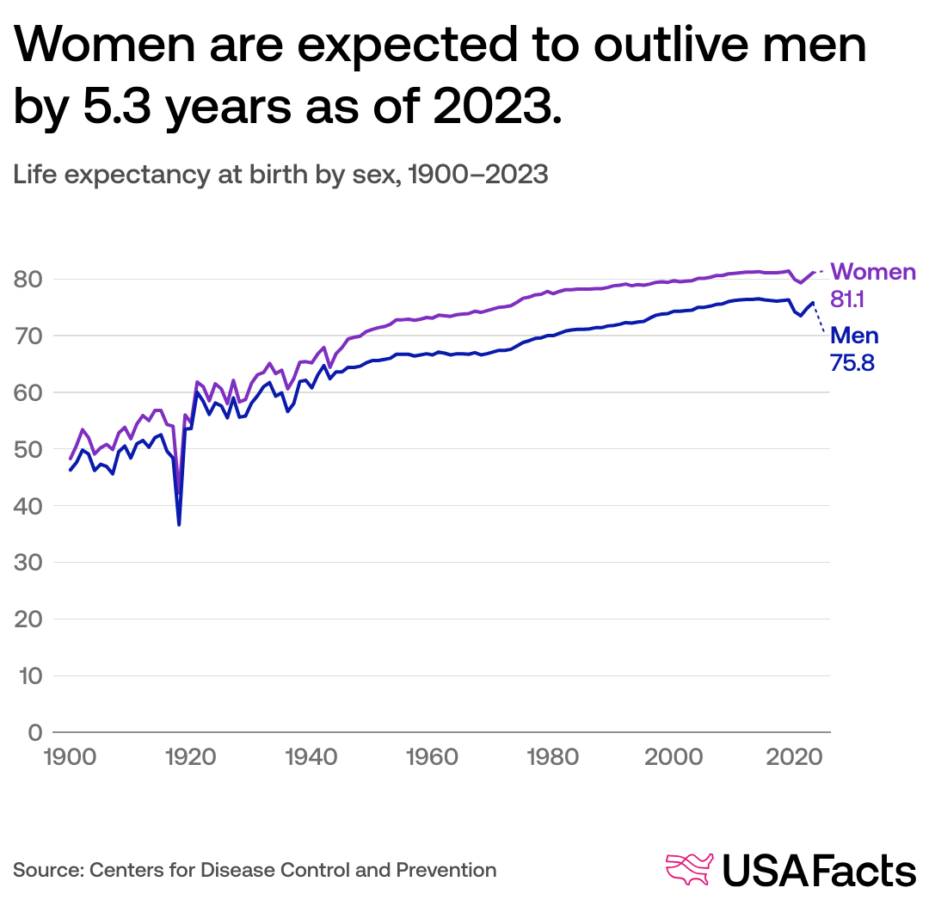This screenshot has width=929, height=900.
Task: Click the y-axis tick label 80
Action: coord(28,280)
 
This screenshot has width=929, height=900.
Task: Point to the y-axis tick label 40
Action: coord(28,506)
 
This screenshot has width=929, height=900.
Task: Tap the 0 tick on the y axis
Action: coord(35,732)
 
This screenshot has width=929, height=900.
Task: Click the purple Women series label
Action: coord(873,272)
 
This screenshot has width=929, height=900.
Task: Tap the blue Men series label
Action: coord(854,336)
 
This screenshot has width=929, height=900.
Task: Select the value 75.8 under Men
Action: coord(852,362)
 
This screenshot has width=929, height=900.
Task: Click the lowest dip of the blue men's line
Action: coord(179,524)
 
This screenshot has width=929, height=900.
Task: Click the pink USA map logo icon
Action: coord(691,870)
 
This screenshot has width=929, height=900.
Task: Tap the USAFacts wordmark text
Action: coord(819,870)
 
